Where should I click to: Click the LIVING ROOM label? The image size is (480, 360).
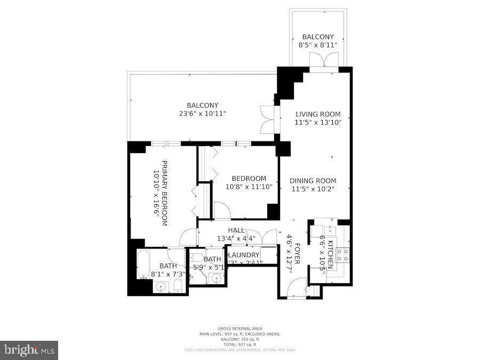click(318, 114)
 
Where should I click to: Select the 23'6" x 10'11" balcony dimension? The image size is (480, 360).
click(202, 114)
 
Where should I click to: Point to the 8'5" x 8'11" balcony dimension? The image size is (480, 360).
click(318, 45)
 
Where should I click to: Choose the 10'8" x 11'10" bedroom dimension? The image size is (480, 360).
click(249, 187)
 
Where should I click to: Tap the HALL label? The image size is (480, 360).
click(236, 230)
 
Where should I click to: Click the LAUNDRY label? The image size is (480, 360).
click(244, 255)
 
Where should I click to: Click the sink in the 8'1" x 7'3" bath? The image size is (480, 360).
click(161, 287)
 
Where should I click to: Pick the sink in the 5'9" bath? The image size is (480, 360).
click(217, 278)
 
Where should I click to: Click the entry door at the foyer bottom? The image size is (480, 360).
click(295, 291)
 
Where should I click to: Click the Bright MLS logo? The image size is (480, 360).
click(29, 350)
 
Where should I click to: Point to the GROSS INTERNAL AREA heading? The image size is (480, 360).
click(239, 329)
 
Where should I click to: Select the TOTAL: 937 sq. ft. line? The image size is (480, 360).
click(239, 344)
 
